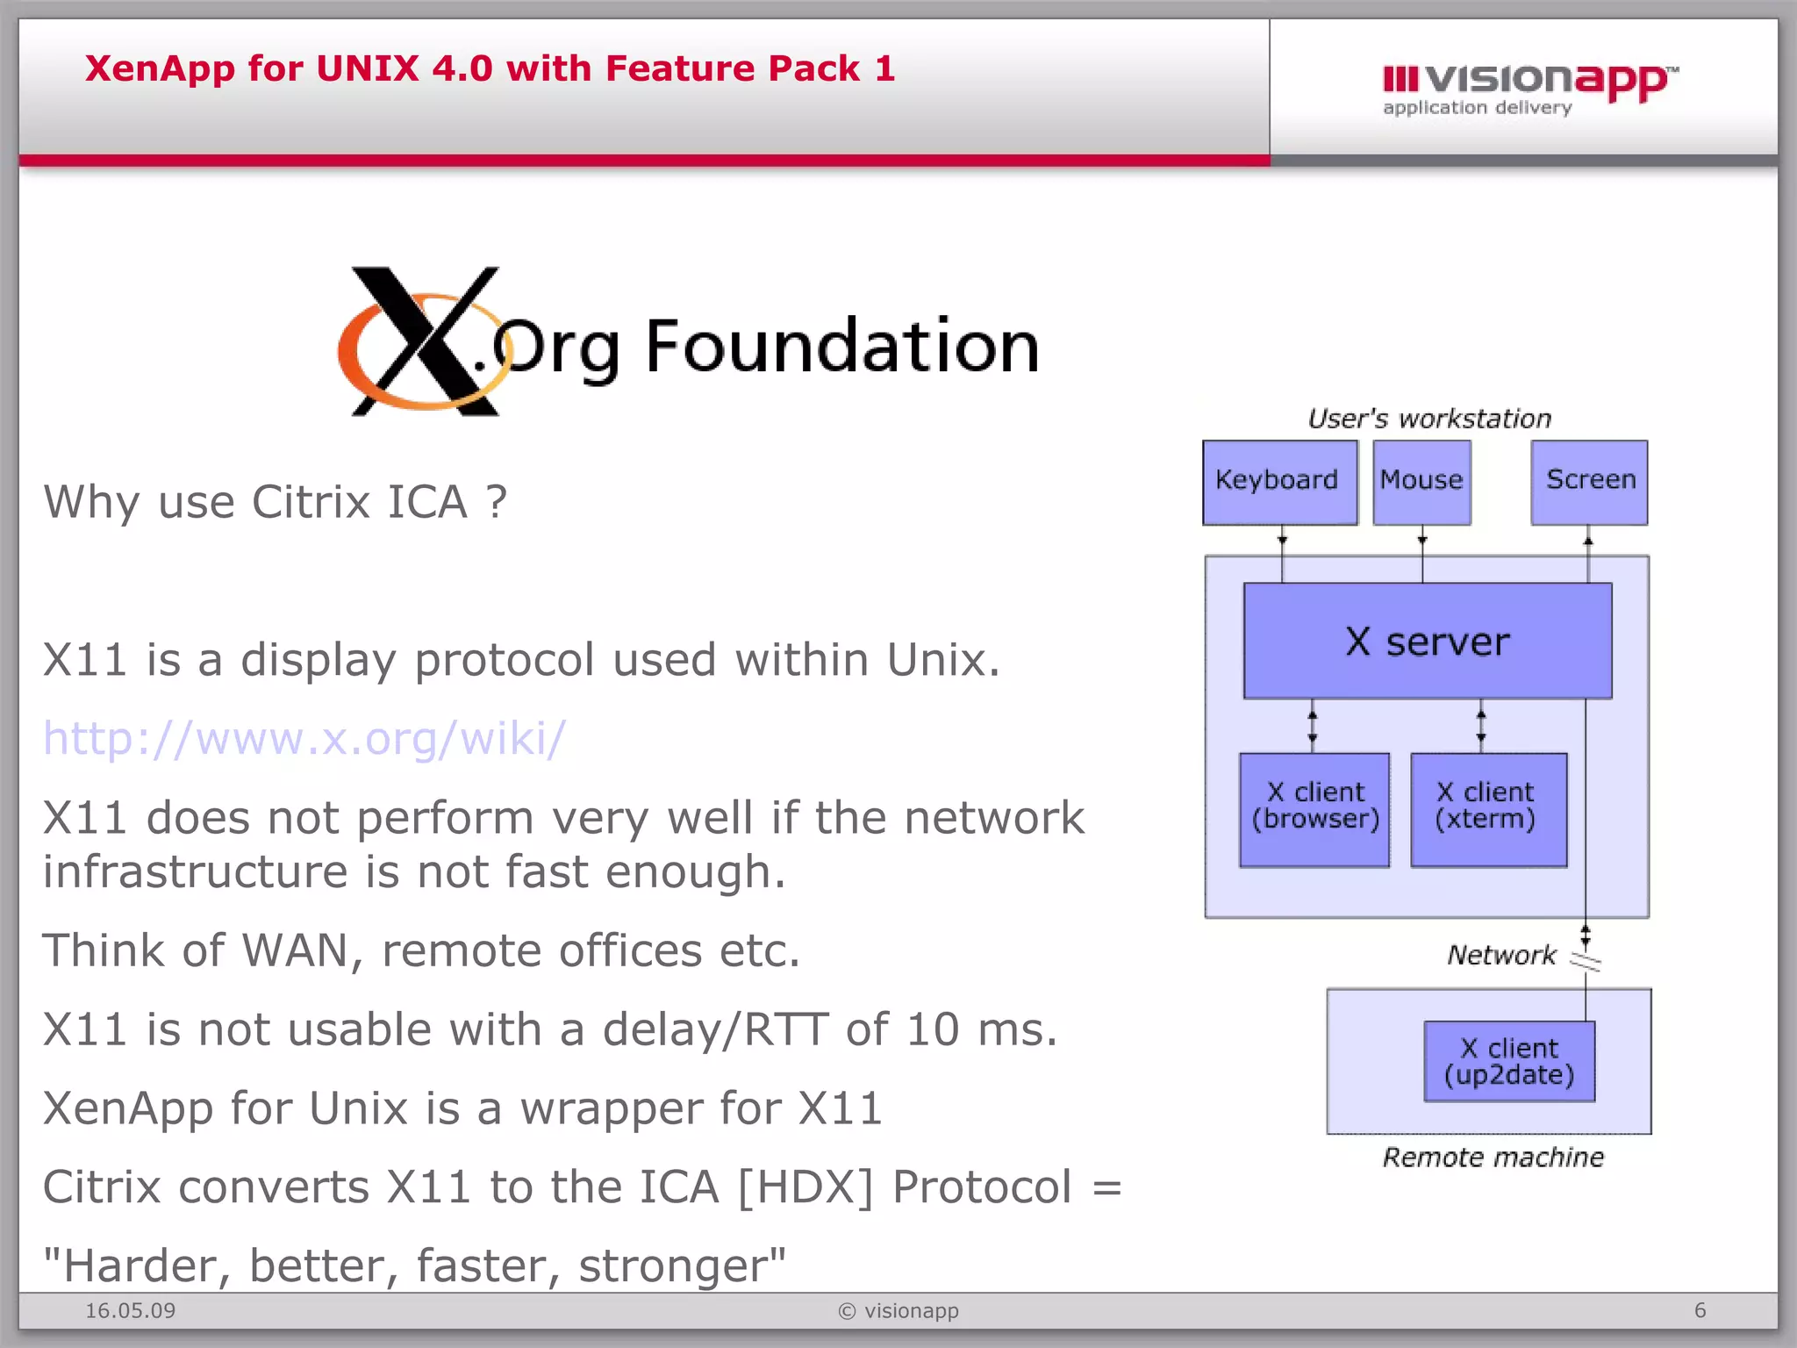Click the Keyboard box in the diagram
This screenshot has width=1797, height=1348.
pos(1279,482)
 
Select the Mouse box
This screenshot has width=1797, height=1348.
pos(1421,482)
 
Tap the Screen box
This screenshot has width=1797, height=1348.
pos(1589,482)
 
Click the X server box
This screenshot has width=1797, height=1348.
pos(1428,641)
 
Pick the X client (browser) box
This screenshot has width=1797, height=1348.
pos(1314,809)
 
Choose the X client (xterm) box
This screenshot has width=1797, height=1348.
pos(1488,809)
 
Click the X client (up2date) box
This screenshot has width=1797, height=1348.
pos(1509,1061)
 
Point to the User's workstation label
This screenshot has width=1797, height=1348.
pos(1429,419)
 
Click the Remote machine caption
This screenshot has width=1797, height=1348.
pos(1493,1157)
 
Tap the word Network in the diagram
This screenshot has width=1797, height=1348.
pos(1501,954)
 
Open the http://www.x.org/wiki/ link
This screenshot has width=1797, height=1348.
pos(304,738)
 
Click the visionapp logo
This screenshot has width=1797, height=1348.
pos(1529,88)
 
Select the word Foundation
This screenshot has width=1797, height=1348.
pos(842,347)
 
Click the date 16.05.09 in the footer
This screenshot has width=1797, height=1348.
pos(130,1310)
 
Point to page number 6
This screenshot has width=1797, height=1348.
pos(1700,1310)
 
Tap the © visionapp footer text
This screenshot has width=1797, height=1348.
pos(898,1310)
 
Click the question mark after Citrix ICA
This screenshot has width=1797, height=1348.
pos(497,501)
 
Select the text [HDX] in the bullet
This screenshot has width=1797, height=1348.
pos(805,1187)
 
